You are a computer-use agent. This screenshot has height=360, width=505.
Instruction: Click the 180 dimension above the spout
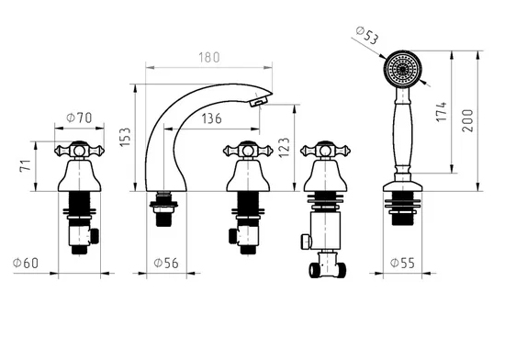[209, 57]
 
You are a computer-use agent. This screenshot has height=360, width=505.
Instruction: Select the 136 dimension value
[211, 118]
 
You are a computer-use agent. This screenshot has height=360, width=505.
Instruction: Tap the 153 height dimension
[125, 137]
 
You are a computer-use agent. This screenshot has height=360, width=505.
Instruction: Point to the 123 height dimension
[284, 148]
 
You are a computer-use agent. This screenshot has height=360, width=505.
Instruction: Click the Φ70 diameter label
[79, 118]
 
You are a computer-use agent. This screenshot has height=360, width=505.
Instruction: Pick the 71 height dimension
[26, 165]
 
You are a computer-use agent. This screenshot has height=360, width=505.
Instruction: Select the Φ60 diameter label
[26, 263]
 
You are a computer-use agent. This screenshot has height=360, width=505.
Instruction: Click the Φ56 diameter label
[166, 263]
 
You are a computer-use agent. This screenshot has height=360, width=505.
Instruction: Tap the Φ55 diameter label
[402, 263]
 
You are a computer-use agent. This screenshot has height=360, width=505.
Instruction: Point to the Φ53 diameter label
[367, 35]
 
